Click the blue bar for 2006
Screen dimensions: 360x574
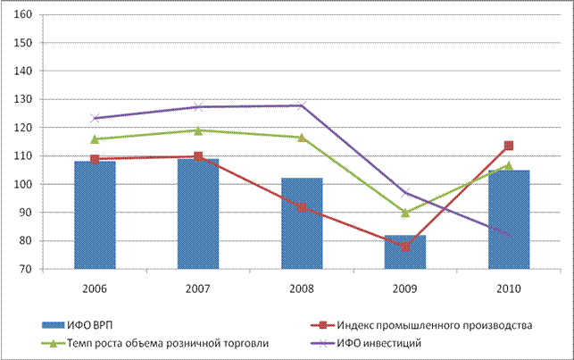click(x=96, y=215)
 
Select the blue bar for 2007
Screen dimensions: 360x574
click(x=199, y=214)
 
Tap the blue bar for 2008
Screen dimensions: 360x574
click(x=302, y=223)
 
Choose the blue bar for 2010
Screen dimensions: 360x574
click(x=508, y=220)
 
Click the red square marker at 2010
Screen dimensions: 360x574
click(x=508, y=146)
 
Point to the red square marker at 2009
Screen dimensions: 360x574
click(x=405, y=247)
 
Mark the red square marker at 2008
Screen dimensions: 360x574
click(x=302, y=207)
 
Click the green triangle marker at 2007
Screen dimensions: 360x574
click(x=199, y=130)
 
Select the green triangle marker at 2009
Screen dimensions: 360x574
click(x=405, y=213)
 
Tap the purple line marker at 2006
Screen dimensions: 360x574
click(x=96, y=118)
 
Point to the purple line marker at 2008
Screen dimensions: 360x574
click(x=302, y=105)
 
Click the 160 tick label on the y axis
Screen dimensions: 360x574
click(x=24, y=15)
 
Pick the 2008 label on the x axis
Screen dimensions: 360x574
click(x=302, y=288)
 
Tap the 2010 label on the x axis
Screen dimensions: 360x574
click(x=508, y=288)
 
